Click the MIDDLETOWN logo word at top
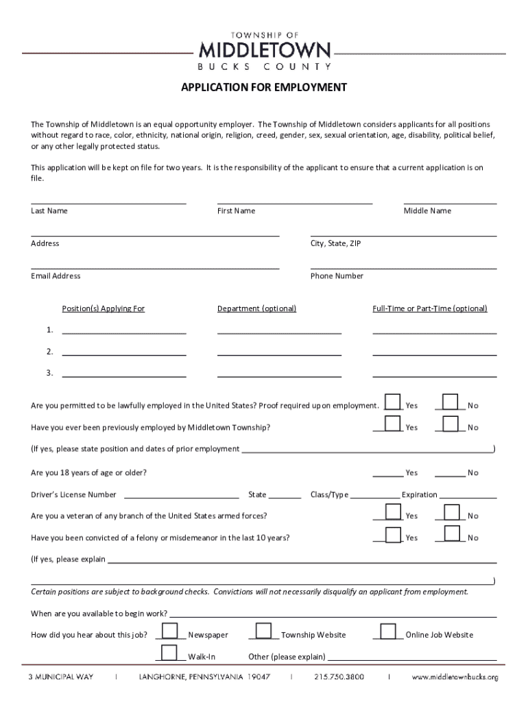(x=264, y=50)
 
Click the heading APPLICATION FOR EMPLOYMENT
(x=264, y=88)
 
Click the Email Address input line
(x=155, y=268)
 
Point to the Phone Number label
(x=337, y=276)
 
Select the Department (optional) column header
(x=256, y=308)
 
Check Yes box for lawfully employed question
(x=393, y=402)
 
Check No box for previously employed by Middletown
(x=451, y=424)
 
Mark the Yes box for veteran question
(x=393, y=513)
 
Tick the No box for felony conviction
(x=451, y=534)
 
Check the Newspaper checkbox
(x=171, y=631)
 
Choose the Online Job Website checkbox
(x=388, y=631)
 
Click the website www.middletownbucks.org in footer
(x=455, y=677)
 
